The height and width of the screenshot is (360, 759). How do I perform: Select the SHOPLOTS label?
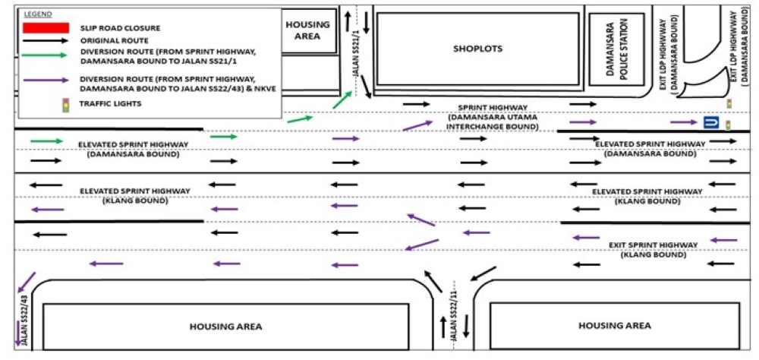coord(478,49)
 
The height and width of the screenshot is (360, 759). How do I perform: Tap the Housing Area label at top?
coord(308,30)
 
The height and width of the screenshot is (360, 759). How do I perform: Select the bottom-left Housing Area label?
coord(225,326)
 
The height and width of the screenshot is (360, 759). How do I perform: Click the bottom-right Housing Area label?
coord(614,325)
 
